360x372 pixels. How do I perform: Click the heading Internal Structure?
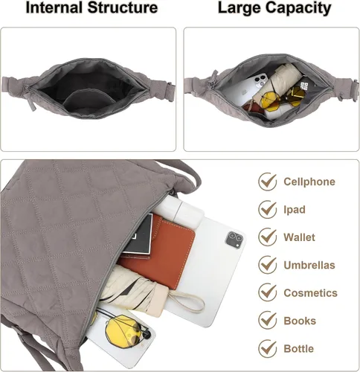[91, 7]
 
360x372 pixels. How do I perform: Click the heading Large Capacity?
[274, 8]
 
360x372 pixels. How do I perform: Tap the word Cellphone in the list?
[309, 182]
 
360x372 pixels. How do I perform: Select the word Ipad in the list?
[295, 210]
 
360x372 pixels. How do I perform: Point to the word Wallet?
[300, 237]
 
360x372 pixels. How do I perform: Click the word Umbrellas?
[309, 265]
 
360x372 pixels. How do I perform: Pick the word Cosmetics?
[311, 293]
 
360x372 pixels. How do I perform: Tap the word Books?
[300, 321]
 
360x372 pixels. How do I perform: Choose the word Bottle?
[299, 349]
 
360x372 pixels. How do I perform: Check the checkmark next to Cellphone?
[268, 182]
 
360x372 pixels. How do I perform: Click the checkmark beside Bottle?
[268, 349]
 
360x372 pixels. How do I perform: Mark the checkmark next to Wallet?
[268, 237]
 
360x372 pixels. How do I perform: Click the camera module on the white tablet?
[234, 240]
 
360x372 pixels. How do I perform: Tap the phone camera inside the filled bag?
[260, 80]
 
